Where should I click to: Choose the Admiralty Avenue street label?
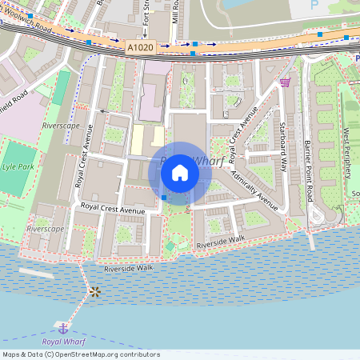[254, 190]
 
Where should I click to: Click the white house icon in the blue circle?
[180, 172]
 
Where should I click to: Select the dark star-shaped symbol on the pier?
[95, 291]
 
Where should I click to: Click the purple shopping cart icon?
[284, 81]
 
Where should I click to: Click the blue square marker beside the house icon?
[163, 197]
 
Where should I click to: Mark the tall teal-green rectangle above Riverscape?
[62, 88]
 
